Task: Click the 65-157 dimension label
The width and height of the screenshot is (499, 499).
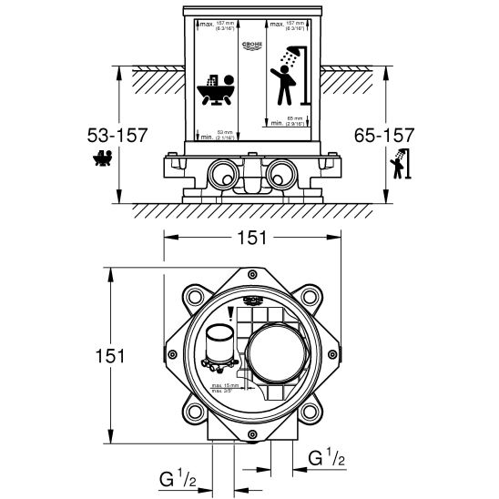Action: pyautogui.click(x=383, y=135)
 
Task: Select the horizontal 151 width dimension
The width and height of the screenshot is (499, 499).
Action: pyautogui.click(x=252, y=239)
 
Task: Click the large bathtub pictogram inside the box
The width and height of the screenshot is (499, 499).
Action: pyautogui.click(x=216, y=92)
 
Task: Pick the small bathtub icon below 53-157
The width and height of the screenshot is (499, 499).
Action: pyautogui.click(x=103, y=161)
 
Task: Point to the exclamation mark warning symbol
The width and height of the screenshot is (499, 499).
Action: pyautogui.click(x=231, y=315)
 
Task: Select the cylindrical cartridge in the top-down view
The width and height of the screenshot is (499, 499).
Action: pyautogui.click(x=219, y=346)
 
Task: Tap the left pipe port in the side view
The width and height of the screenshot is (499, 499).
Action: pyautogui.click(x=220, y=172)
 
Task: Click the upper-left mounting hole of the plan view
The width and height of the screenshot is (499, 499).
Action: pyautogui.click(x=194, y=297)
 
